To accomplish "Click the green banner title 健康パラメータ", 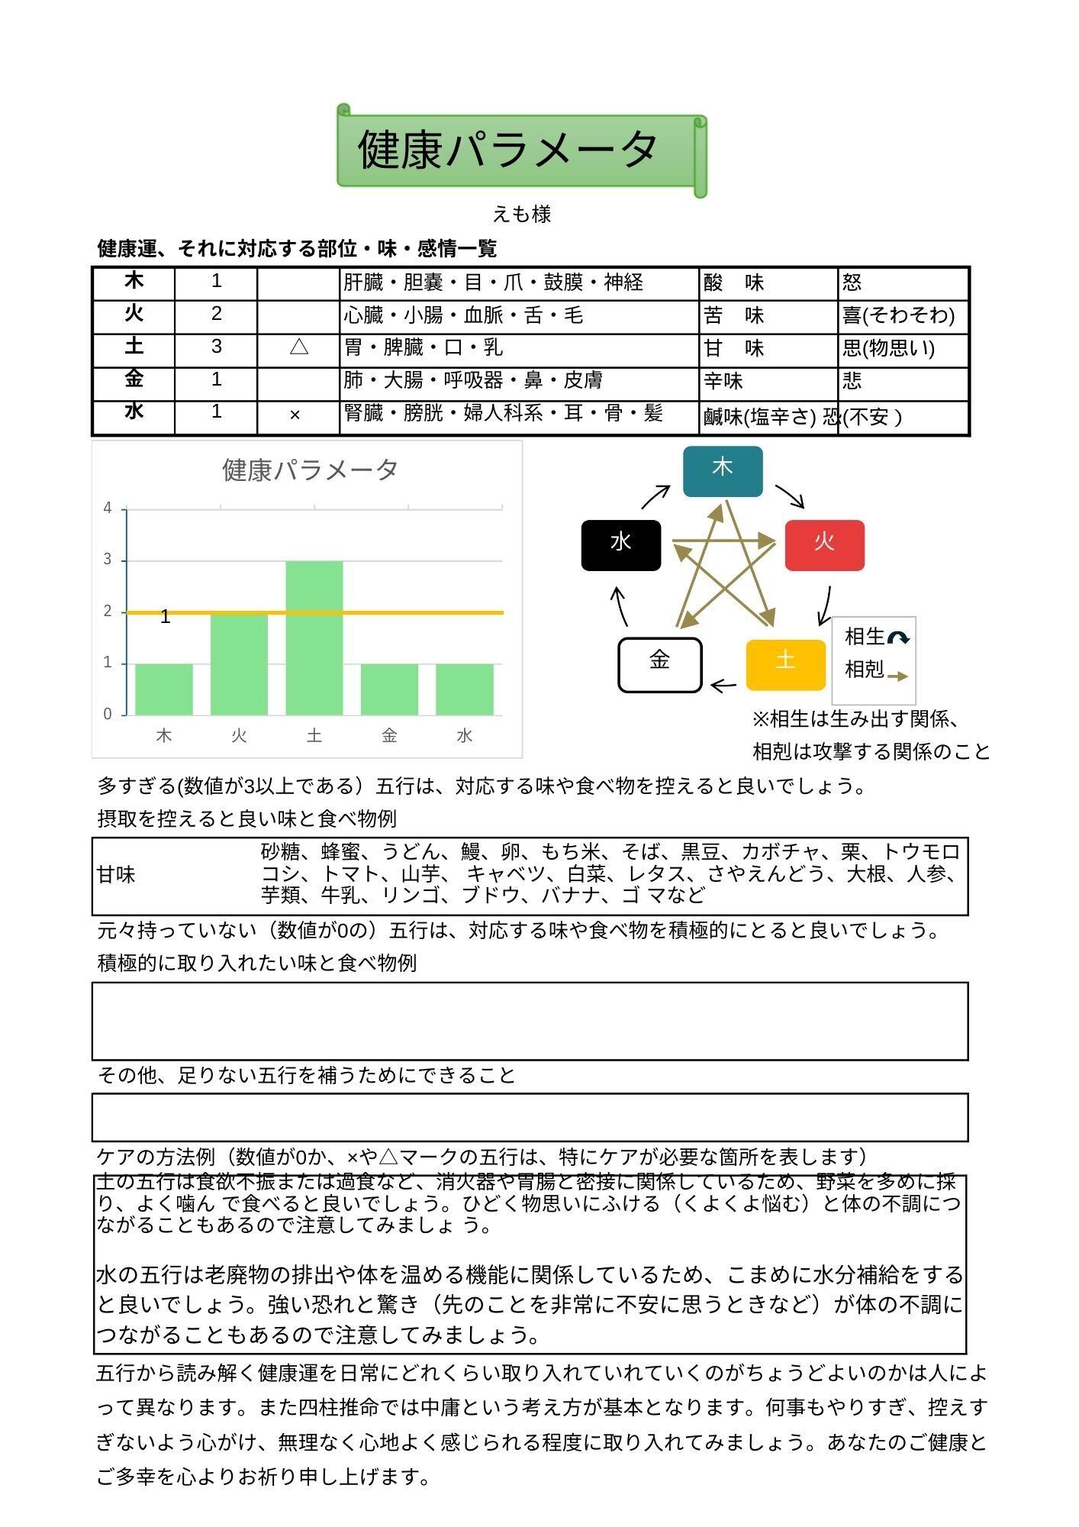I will [508, 150].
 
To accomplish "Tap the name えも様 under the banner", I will [521, 215].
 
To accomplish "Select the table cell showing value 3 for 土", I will [216, 347].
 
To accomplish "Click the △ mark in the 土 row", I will [298, 348].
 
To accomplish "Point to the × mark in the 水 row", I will [295, 415].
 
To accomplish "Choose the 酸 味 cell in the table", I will [733, 283].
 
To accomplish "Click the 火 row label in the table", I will [134, 314].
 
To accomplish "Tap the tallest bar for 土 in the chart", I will [314, 638].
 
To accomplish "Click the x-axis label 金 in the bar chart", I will [389, 735].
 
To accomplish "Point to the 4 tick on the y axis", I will [108, 508].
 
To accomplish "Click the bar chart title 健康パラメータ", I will [310, 470].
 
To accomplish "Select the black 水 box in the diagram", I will [620, 544].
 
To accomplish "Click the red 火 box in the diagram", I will [824, 544].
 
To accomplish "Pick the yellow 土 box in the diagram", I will [785, 664].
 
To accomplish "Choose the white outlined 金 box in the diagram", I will [659, 664].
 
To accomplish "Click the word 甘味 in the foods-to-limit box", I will [117, 875].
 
